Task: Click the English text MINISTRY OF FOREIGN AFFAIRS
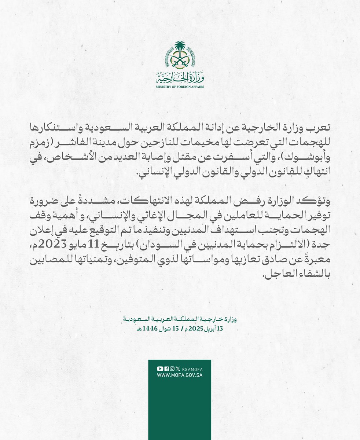pos(180,87)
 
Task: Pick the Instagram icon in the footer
pos(172,368)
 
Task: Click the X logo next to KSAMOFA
pos(178,368)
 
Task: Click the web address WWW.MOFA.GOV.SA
pos(180,375)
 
